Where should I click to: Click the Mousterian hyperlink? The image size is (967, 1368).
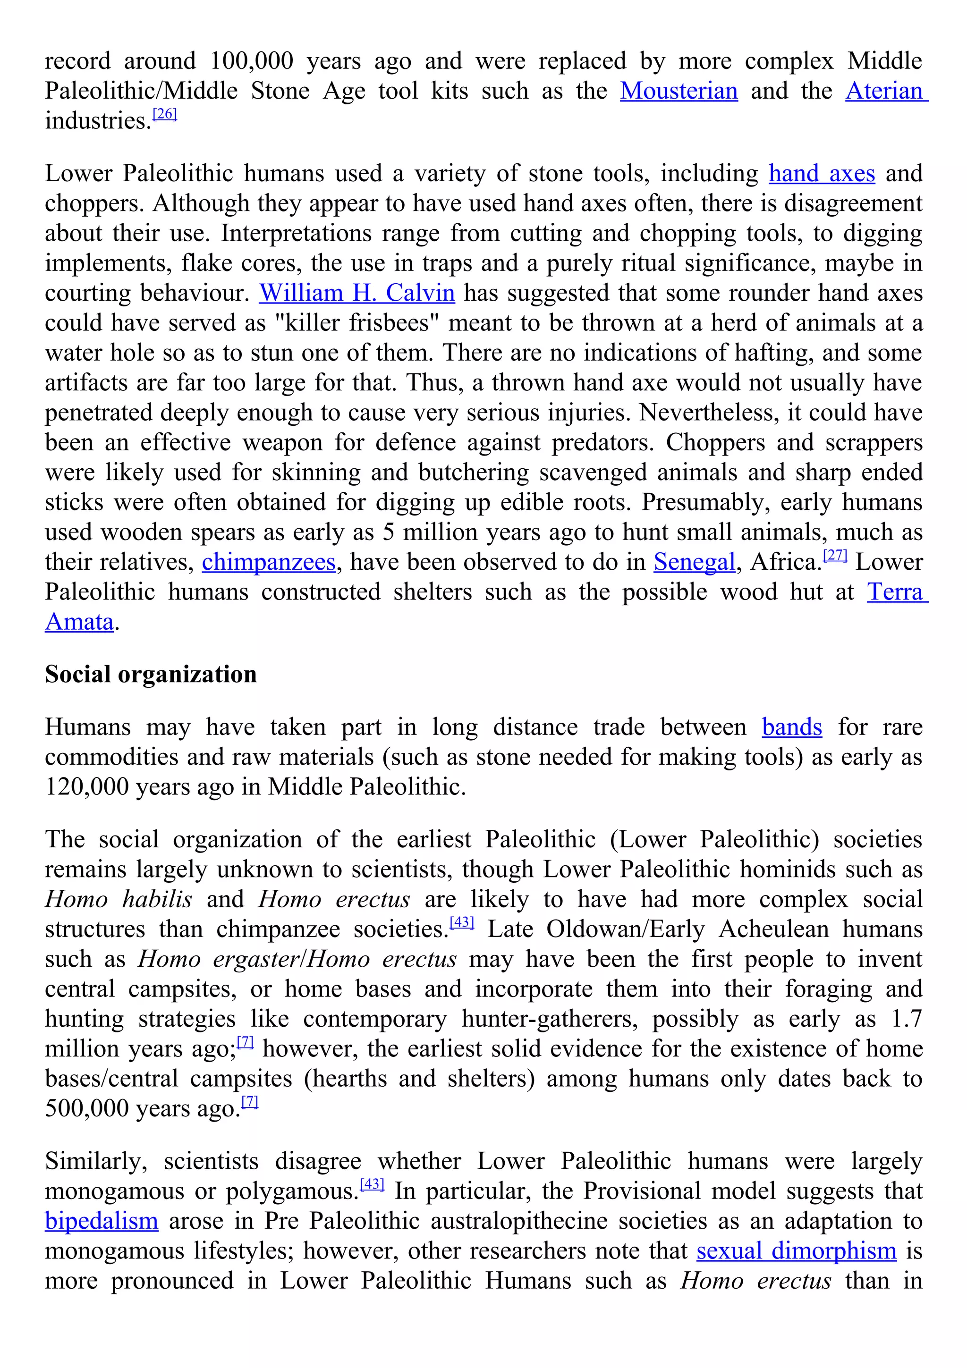(x=679, y=91)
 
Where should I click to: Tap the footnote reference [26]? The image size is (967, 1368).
(x=165, y=114)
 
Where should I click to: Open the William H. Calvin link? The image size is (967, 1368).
(x=357, y=293)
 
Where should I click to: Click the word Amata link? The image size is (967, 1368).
(x=79, y=622)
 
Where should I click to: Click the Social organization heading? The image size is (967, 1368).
(x=151, y=675)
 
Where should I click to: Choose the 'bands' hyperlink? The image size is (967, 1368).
(x=792, y=727)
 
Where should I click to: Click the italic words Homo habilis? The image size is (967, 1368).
(x=119, y=900)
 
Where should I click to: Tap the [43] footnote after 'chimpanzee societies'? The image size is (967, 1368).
(x=462, y=922)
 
